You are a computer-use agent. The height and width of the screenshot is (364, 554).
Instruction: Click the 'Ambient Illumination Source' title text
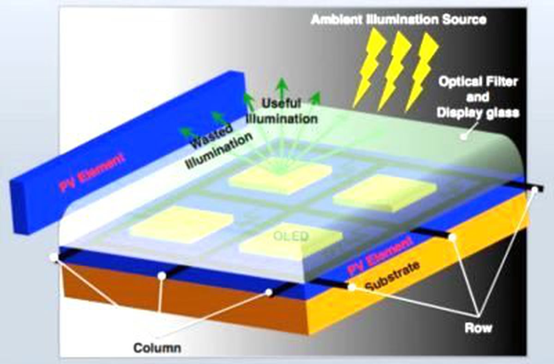398,19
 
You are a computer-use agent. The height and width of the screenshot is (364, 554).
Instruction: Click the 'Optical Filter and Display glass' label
478,97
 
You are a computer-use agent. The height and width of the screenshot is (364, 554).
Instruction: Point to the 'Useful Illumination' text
282,111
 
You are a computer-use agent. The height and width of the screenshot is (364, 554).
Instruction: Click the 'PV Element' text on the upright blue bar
91,172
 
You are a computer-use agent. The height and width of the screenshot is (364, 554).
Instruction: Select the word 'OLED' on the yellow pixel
291,237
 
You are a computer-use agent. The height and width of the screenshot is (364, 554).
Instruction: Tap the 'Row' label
478,328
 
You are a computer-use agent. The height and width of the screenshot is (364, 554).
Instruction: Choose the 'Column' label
157,348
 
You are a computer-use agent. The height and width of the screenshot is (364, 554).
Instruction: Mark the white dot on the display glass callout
464,137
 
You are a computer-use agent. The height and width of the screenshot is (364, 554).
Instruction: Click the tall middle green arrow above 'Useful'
282,89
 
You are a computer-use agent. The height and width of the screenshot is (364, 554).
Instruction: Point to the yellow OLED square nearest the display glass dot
385,193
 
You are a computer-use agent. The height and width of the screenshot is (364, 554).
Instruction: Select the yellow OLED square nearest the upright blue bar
181,224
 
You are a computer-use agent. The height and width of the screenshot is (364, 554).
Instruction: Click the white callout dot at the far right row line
535,190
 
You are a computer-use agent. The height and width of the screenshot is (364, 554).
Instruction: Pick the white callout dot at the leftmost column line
53,257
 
